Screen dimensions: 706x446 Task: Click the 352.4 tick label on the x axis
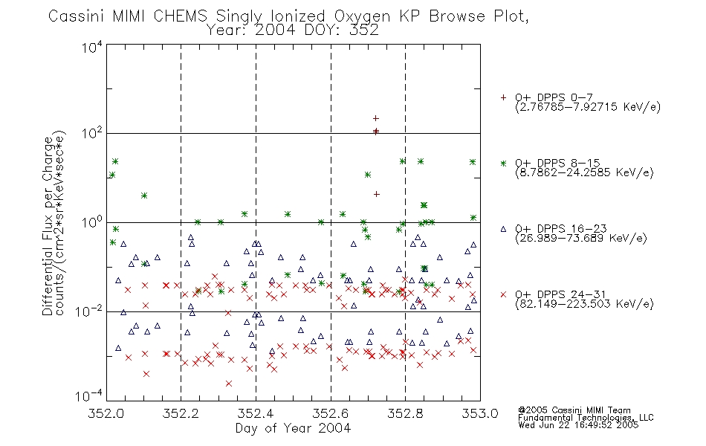[x=256, y=413]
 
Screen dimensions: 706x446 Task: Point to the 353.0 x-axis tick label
[x=480, y=413]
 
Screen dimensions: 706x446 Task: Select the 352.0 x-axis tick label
[x=106, y=413]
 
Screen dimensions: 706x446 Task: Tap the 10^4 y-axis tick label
[x=92, y=47]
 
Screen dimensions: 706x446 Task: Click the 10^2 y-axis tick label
[x=92, y=134]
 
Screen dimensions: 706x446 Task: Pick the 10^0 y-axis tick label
[x=92, y=222]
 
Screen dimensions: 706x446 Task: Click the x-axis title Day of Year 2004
[x=293, y=428]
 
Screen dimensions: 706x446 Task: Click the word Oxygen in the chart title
[x=362, y=16]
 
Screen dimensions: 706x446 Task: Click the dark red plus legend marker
[x=503, y=97]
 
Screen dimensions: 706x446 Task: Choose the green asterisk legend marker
[x=503, y=163]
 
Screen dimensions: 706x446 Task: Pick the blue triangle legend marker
[x=503, y=229]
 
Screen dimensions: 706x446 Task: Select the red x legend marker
[x=503, y=294]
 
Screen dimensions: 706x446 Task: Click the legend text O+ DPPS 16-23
[x=561, y=229]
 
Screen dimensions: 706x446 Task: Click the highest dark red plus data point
[x=375, y=118]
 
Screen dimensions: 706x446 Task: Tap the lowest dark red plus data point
[x=377, y=194]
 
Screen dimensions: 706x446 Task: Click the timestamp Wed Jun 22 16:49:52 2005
[x=578, y=425]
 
